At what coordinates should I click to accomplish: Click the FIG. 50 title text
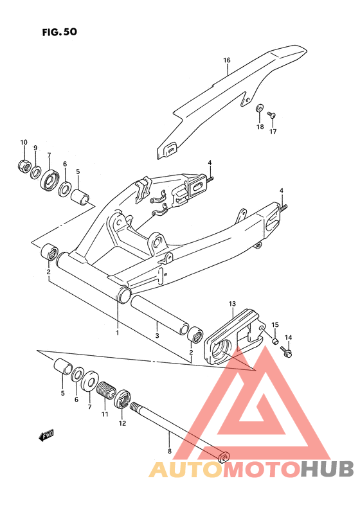coord(60,32)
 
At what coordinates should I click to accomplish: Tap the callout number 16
coord(226,60)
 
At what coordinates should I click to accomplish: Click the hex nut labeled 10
coord(24,165)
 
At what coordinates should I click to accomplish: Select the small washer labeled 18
coord(260,108)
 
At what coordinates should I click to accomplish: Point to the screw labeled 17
coord(271,114)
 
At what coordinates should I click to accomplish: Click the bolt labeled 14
coord(286,351)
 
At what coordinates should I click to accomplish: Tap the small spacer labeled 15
coord(275,341)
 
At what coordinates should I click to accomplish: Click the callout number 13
coord(232,304)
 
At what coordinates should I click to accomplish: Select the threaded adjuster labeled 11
coord(106,390)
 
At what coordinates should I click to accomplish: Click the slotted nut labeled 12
coord(122,398)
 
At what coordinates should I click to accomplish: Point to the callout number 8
coord(169,451)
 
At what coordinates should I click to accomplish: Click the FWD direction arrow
coord(46,435)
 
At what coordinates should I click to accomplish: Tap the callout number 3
coord(157,336)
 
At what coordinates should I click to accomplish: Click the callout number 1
coord(117,333)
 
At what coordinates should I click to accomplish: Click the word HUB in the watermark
coord(327,469)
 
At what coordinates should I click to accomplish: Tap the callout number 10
coord(24,142)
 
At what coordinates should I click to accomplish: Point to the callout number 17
coord(273,132)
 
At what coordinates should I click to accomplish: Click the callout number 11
coord(105,414)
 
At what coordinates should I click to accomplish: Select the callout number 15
coord(275,324)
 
